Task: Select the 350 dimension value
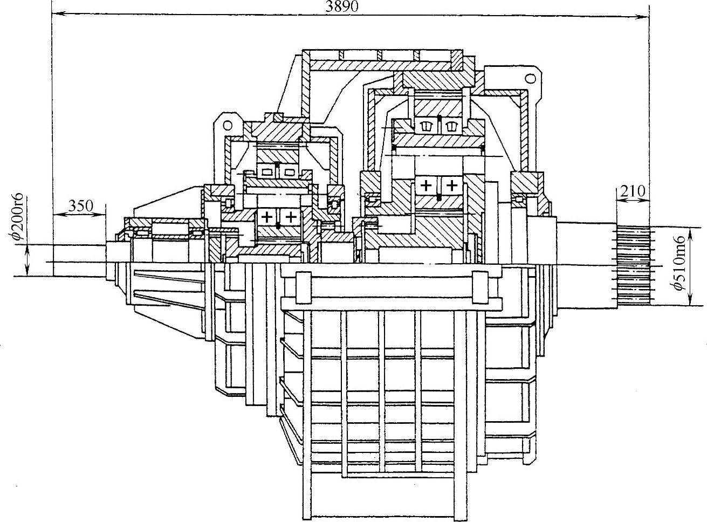(81, 205)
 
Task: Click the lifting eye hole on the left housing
(228, 125)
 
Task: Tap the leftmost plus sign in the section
(266, 217)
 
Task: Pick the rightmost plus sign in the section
(452, 186)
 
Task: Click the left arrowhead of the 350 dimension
(56, 214)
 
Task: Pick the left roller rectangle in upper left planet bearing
(266, 171)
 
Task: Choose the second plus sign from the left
(291, 217)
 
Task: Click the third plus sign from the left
(426, 186)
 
